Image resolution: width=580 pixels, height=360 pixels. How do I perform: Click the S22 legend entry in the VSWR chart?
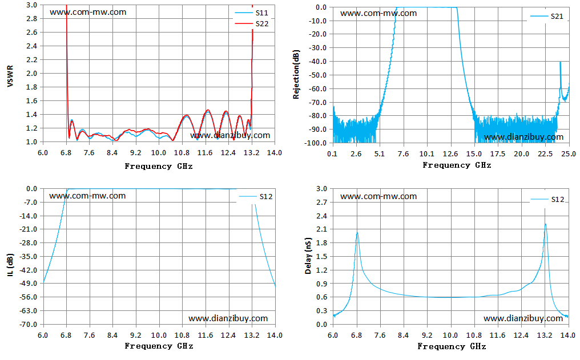pos(252,23)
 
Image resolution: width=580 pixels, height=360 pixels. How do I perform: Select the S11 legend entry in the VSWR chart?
pos(252,13)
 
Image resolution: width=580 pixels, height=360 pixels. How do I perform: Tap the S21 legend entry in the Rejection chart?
pos(547,17)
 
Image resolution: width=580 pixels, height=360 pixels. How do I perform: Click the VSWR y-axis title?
pos(10,76)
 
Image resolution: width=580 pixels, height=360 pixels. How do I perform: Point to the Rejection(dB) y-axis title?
pos(296,74)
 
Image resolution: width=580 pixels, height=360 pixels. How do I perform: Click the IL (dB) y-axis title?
pos(10,265)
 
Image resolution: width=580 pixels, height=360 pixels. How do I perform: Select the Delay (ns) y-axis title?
pos(308,256)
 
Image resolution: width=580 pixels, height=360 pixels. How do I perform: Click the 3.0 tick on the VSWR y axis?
pos(31,5)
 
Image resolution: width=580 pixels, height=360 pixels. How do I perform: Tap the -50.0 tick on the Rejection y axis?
pos(318,75)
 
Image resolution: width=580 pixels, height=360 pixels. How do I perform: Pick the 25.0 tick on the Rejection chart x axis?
pos(569,154)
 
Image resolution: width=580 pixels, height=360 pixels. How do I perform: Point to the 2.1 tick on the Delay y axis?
pos(321,229)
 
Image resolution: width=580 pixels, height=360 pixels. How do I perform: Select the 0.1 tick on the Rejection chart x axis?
pos(332,154)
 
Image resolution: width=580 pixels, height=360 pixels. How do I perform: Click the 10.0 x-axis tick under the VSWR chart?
pos(159,153)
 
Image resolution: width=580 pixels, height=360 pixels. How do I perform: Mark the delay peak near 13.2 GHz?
pos(545,224)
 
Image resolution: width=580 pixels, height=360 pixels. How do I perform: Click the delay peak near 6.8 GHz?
pos(357,232)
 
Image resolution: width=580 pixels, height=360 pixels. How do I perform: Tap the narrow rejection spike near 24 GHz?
pos(561,62)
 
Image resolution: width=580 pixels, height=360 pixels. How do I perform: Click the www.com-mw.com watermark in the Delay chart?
pos(378,196)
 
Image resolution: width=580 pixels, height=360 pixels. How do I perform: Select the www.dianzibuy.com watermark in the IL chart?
pos(228,318)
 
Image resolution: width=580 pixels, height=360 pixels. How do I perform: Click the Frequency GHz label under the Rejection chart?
pos(457,165)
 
